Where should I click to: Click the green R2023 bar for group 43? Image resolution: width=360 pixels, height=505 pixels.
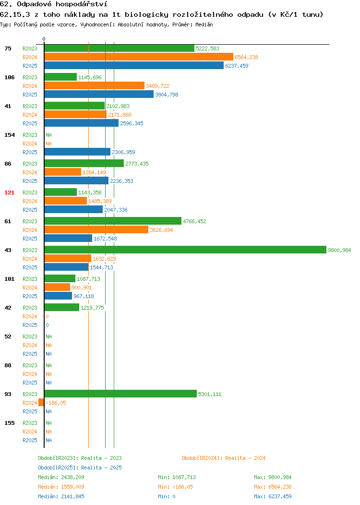tap(185, 250)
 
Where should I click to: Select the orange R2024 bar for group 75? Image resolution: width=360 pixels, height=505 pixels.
tap(139, 57)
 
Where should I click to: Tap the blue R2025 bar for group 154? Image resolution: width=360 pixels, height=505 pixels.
tap(78, 152)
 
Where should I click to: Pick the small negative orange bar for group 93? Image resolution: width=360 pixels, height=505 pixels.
tap(41, 403)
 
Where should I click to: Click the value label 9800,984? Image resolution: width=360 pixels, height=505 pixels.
tap(339, 250)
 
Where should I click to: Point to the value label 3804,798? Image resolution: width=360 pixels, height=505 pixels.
tap(167, 95)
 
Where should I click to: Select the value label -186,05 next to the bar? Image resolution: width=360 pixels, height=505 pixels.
tap(56, 403)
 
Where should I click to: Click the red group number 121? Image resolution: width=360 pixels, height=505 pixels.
tap(9, 192)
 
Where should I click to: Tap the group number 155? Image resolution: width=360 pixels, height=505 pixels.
tap(9, 423)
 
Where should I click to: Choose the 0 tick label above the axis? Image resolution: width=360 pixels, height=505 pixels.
tap(44, 39)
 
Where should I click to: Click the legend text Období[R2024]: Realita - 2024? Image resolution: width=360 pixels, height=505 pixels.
tap(224, 458)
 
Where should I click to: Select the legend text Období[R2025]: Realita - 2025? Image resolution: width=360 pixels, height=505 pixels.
tap(80, 468)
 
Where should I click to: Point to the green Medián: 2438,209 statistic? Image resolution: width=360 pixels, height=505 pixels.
tap(61, 477)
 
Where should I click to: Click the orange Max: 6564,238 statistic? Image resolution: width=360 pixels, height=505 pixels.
tap(273, 487)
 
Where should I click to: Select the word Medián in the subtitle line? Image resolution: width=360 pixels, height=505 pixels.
tap(204, 24)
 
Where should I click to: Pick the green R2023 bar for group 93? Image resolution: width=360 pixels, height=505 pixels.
tap(121, 394)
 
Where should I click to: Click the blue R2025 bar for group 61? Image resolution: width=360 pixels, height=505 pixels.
tap(68, 238)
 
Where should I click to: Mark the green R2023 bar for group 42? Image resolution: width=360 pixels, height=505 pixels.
tap(62, 308)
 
